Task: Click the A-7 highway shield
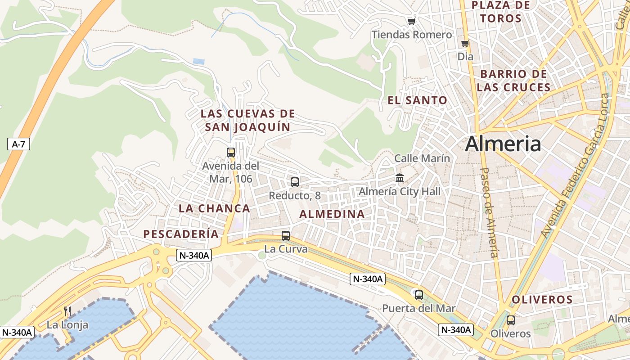coord(18,144)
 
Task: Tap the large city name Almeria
coord(503,144)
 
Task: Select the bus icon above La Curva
coord(285,236)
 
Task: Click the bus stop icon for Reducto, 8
coord(295,182)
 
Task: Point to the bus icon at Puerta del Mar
coord(419,295)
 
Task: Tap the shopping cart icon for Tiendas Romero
coord(411,21)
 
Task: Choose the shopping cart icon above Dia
coord(465,44)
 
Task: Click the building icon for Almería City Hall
coord(400,178)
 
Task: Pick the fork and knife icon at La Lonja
coord(67,311)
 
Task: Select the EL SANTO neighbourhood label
coord(418,100)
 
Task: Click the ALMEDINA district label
coord(332,214)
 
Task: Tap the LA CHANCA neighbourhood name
coord(214,208)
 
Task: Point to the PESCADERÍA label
coord(181,234)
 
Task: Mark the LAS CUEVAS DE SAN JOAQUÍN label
coord(248,120)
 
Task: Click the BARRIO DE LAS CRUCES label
coord(513,81)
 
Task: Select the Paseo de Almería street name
coord(490,212)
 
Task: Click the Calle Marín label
coord(422,158)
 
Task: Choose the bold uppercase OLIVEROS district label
coord(542,300)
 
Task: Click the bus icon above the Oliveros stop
coord(511,320)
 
